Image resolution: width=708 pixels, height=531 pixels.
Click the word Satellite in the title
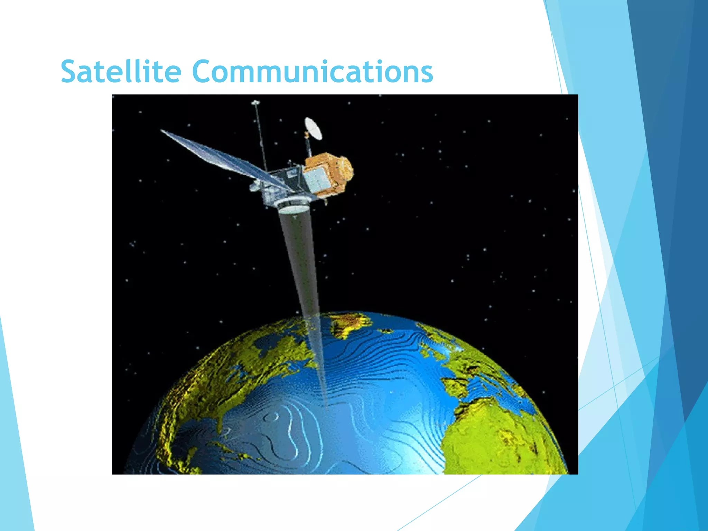pyautogui.click(x=121, y=72)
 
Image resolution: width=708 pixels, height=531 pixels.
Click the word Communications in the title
pyautogui.click(x=312, y=72)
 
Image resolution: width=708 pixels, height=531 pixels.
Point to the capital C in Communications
pyautogui.click(x=204, y=72)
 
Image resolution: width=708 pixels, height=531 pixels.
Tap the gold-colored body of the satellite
pyautogui.click(x=332, y=169)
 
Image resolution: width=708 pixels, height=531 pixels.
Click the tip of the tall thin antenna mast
pyautogui.click(x=255, y=102)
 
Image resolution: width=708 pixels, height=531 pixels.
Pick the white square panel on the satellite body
pyautogui.click(x=316, y=180)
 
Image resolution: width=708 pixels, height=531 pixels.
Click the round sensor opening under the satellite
pyautogui.click(x=292, y=207)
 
